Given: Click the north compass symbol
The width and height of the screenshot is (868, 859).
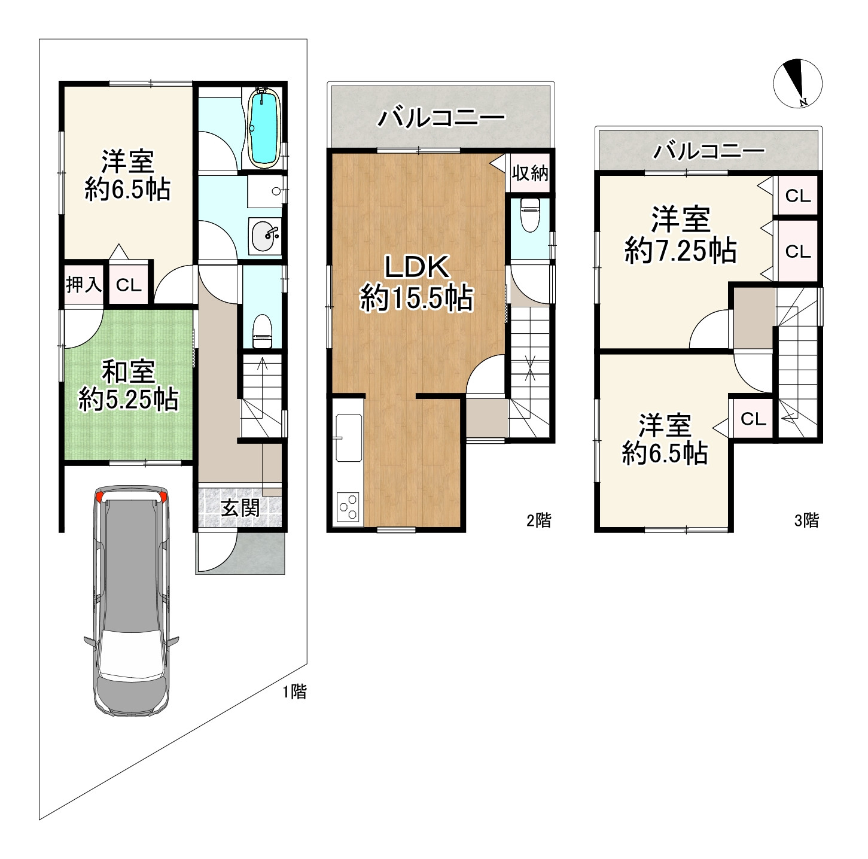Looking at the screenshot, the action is [798, 84].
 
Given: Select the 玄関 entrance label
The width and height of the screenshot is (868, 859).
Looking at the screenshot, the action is [240, 508].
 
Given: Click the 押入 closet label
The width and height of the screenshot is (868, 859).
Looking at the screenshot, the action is [84, 285].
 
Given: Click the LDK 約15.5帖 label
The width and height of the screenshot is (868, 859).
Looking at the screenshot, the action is [416, 282].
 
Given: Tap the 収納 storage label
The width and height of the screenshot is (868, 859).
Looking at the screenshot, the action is [530, 172].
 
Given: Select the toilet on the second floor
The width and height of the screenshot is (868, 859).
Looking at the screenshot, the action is [530, 215].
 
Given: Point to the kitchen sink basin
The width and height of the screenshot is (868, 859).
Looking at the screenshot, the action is [349, 438].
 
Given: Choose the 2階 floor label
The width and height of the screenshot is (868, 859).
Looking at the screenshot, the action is [539, 520].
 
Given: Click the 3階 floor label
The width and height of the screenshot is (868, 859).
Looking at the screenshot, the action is [806, 520].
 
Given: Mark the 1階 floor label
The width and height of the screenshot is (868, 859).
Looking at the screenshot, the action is [294, 692].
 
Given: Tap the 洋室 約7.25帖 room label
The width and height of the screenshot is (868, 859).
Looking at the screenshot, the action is [680, 234].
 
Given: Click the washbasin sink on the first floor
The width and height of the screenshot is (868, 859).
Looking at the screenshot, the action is [266, 236].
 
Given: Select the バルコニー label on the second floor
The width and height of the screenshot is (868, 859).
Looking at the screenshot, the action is [441, 118].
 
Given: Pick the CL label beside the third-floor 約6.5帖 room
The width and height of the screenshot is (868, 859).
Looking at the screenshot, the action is [753, 419].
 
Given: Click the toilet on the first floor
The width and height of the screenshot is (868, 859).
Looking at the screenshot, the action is [262, 331].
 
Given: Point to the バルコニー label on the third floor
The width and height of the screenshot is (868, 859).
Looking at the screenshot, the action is [709, 151].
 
